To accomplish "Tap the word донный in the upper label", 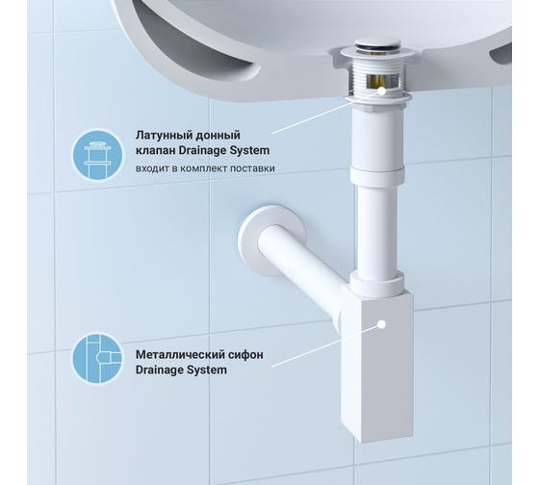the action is pos(218,135).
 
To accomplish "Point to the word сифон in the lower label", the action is pos(245,354).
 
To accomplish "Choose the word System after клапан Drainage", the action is pos(249,150).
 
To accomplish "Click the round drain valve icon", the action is pos(97,154).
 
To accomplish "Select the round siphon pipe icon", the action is pos(97,359).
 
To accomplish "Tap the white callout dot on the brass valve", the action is pos(381,91).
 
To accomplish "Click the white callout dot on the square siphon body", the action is pos(381,324).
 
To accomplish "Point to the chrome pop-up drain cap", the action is pos(377,44).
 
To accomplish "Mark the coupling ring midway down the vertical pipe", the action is pos(377,174).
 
